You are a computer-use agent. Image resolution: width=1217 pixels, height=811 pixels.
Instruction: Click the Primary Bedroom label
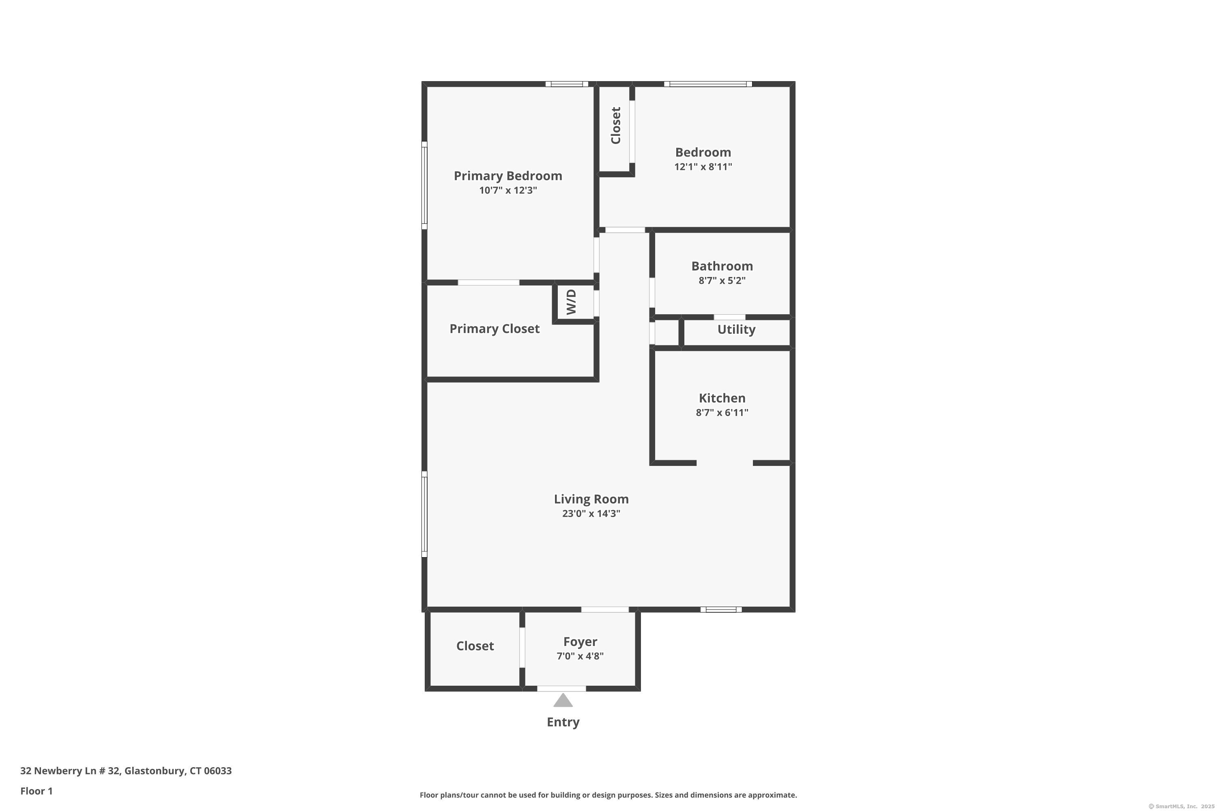tap(507, 176)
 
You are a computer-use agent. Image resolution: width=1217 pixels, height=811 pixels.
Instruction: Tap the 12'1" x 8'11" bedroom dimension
tap(703, 167)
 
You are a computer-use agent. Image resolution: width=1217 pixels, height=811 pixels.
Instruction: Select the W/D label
tap(571, 302)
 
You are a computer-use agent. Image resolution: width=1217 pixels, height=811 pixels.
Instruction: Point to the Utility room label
tap(736, 329)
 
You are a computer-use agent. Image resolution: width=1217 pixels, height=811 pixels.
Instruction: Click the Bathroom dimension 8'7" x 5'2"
tap(722, 280)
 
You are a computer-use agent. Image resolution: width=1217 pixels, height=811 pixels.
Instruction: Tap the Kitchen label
tap(722, 398)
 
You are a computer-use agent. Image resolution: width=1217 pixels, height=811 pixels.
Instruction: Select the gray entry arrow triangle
tap(563, 700)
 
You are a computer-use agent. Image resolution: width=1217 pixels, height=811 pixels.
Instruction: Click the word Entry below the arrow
tap(563, 722)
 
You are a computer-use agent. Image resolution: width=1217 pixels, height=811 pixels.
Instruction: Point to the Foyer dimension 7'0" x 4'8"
tap(580, 656)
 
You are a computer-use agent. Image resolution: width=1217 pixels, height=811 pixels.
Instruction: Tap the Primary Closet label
tap(494, 329)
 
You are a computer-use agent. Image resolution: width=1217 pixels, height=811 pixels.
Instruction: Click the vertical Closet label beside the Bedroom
tap(615, 126)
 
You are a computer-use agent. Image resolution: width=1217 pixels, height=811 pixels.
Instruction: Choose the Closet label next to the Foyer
tap(475, 646)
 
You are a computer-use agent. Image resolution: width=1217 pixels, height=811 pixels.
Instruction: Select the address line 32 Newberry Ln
tap(126, 771)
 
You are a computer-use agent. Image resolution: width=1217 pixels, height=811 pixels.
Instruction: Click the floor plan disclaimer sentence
tap(608, 795)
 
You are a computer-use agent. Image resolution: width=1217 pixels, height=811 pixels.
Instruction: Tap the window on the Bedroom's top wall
tap(708, 84)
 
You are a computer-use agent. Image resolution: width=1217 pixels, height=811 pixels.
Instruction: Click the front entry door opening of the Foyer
tap(561, 689)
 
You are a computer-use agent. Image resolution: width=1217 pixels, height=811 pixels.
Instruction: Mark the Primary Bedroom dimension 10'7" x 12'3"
tap(507, 190)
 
